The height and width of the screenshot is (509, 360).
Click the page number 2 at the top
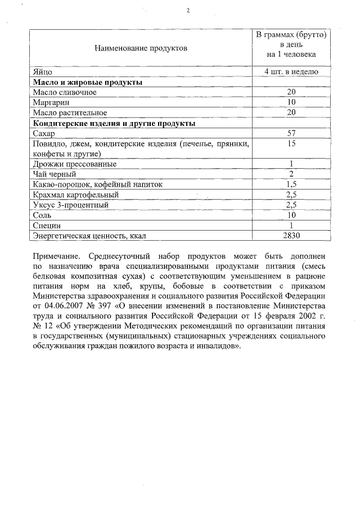(188, 11)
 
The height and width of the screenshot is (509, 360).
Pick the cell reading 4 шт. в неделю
(291, 72)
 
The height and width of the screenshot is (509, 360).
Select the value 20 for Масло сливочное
(291, 92)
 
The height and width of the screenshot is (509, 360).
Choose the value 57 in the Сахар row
(291, 133)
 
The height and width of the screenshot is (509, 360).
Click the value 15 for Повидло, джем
(291, 144)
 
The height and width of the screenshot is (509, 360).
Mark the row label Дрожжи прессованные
(75, 164)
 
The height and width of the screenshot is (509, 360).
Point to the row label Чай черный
(55, 174)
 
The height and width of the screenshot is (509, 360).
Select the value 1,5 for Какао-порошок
(291, 184)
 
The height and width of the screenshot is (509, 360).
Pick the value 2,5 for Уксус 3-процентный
(291, 205)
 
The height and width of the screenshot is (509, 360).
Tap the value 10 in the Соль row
(291, 215)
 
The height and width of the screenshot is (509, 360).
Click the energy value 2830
(291, 236)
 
